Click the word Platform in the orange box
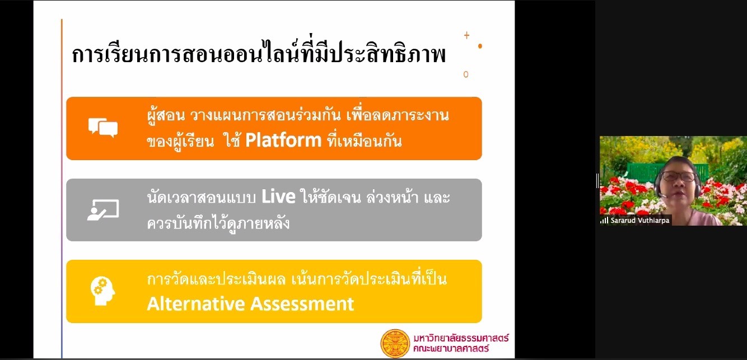click(283, 140)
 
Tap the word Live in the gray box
click(278, 197)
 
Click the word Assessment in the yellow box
click(302, 303)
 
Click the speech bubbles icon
click(103, 127)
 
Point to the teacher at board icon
click(103, 210)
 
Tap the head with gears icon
click(102, 291)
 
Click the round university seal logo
click(395, 343)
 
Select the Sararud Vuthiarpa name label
click(639, 221)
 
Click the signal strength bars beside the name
click(604, 221)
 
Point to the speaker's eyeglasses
click(678, 176)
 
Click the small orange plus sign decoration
click(466, 35)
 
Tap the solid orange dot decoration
click(480, 46)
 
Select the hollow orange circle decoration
click(466, 74)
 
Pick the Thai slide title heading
click(259, 53)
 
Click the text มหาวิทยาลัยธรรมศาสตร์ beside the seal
click(461, 338)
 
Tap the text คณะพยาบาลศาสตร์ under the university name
click(451, 349)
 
